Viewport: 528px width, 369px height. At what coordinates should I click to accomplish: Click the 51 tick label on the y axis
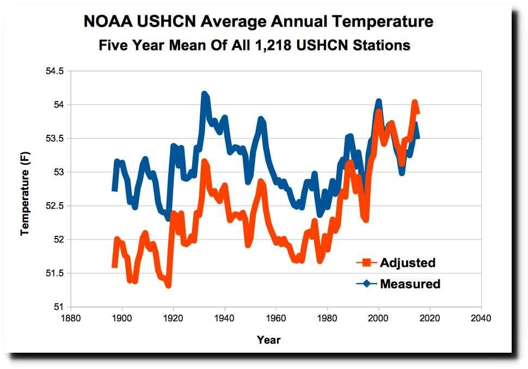58,307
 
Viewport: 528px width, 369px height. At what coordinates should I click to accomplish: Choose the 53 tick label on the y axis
58,172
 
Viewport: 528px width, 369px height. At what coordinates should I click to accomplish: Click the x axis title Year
269,340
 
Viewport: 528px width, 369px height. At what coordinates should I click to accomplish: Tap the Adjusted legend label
408,263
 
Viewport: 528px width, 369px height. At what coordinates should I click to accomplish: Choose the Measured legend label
410,284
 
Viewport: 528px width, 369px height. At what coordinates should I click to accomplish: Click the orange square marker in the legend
366,263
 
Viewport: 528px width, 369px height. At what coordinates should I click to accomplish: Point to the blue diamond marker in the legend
366,284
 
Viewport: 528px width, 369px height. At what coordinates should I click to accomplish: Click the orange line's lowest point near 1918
168,285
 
